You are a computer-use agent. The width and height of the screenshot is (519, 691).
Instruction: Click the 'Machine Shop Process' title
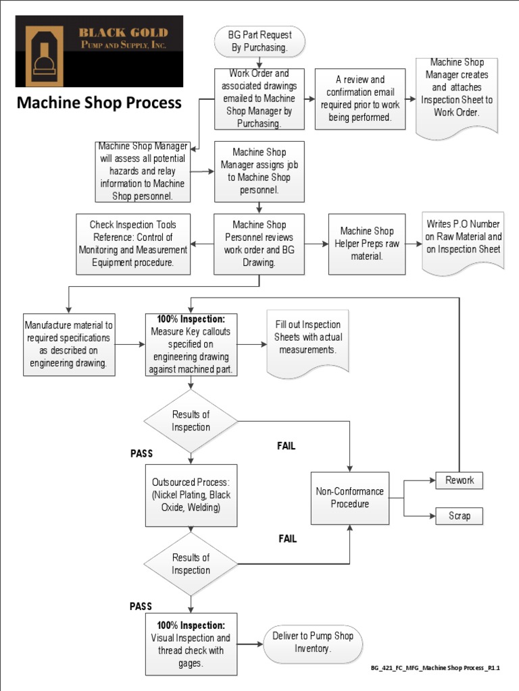tap(99, 103)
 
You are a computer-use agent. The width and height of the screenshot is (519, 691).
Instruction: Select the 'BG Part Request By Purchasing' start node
tap(259, 41)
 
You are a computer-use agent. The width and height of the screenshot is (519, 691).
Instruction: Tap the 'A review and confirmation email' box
tap(360, 99)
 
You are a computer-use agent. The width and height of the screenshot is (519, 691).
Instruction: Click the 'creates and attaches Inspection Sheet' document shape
tap(457, 95)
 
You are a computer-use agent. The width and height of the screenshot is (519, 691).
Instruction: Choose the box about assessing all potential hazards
tap(143, 171)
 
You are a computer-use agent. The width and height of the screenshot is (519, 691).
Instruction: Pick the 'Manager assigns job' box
tap(259, 171)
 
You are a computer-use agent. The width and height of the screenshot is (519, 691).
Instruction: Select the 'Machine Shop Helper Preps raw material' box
tap(367, 244)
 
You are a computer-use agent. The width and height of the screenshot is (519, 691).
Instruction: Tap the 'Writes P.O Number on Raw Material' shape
tap(464, 242)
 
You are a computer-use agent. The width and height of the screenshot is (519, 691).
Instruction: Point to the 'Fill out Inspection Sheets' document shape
tap(307, 341)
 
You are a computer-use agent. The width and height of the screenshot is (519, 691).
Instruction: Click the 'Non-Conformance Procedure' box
tap(349, 498)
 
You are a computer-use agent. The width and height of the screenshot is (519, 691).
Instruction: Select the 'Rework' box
tap(460, 480)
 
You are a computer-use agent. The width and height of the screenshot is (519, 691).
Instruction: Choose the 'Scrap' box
tap(460, 516)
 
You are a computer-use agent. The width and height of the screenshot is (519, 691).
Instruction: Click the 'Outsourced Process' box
tap(191, 495)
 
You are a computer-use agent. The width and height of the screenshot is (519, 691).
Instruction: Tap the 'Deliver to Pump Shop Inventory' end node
tap(312, 642)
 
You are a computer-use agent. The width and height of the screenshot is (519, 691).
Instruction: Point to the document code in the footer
tap(435, 667)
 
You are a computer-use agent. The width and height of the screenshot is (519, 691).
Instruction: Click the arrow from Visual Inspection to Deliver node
tap(250, 644)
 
